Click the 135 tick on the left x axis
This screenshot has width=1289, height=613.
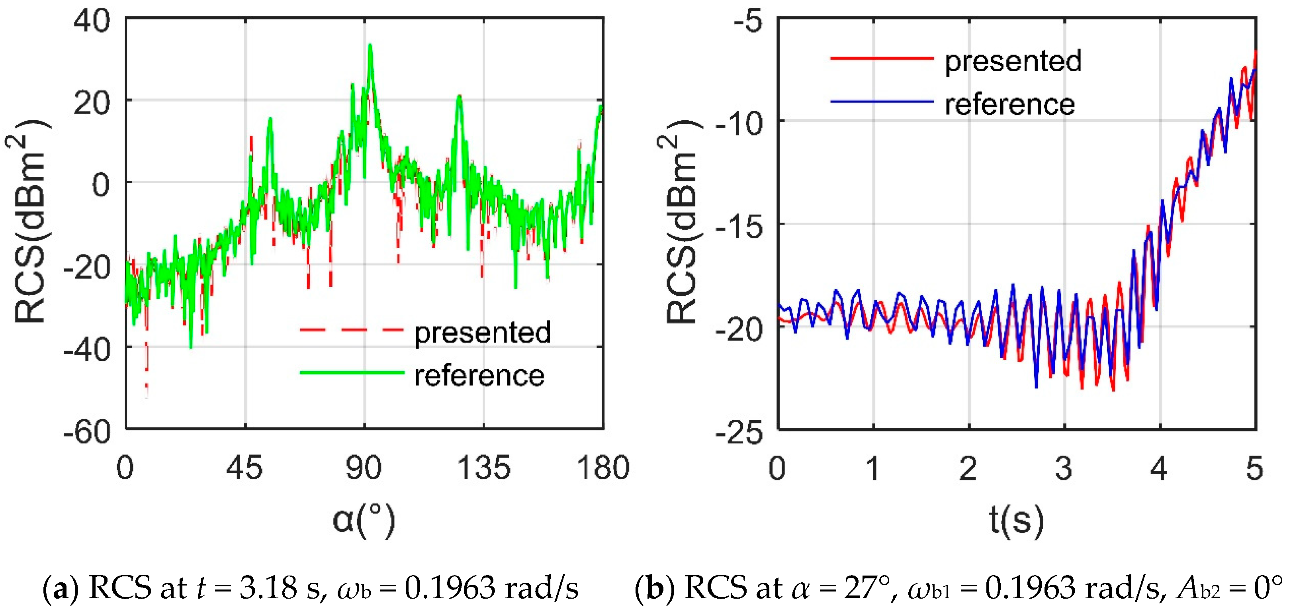pos(484,468)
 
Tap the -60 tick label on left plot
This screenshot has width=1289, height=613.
pos(86,431)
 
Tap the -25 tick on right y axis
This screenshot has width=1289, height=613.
pos(739,431)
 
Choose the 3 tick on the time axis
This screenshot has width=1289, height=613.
pos(1064,468)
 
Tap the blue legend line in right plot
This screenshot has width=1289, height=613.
pos(882,102)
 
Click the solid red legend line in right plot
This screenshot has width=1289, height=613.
pos(882,59)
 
